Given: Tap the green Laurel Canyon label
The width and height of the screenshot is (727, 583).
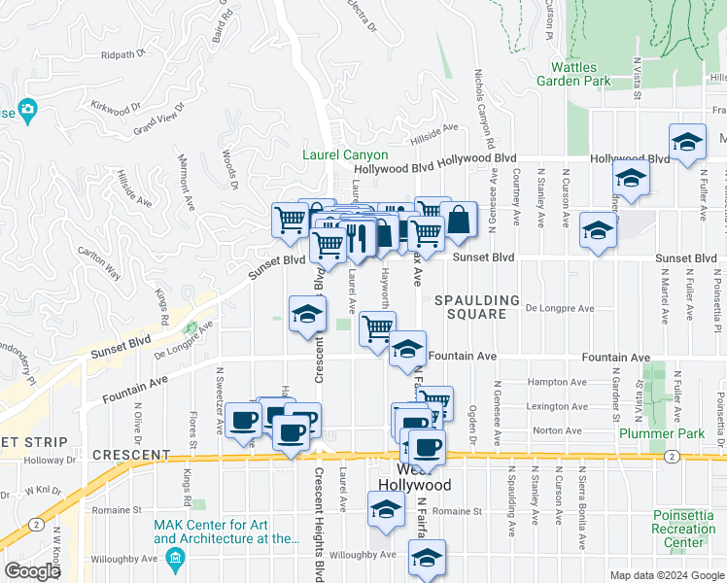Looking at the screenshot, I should (345, 154).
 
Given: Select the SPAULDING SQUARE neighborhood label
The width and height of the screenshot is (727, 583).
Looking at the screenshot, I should (470, 307).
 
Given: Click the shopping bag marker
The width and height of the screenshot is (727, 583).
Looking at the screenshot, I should (459, 222).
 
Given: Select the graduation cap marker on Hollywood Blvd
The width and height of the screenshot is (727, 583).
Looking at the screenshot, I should (687, 144).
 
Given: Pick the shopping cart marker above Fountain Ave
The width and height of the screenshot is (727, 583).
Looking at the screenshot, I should (376, 327).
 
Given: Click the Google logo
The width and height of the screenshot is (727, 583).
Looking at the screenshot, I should (32, 571).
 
